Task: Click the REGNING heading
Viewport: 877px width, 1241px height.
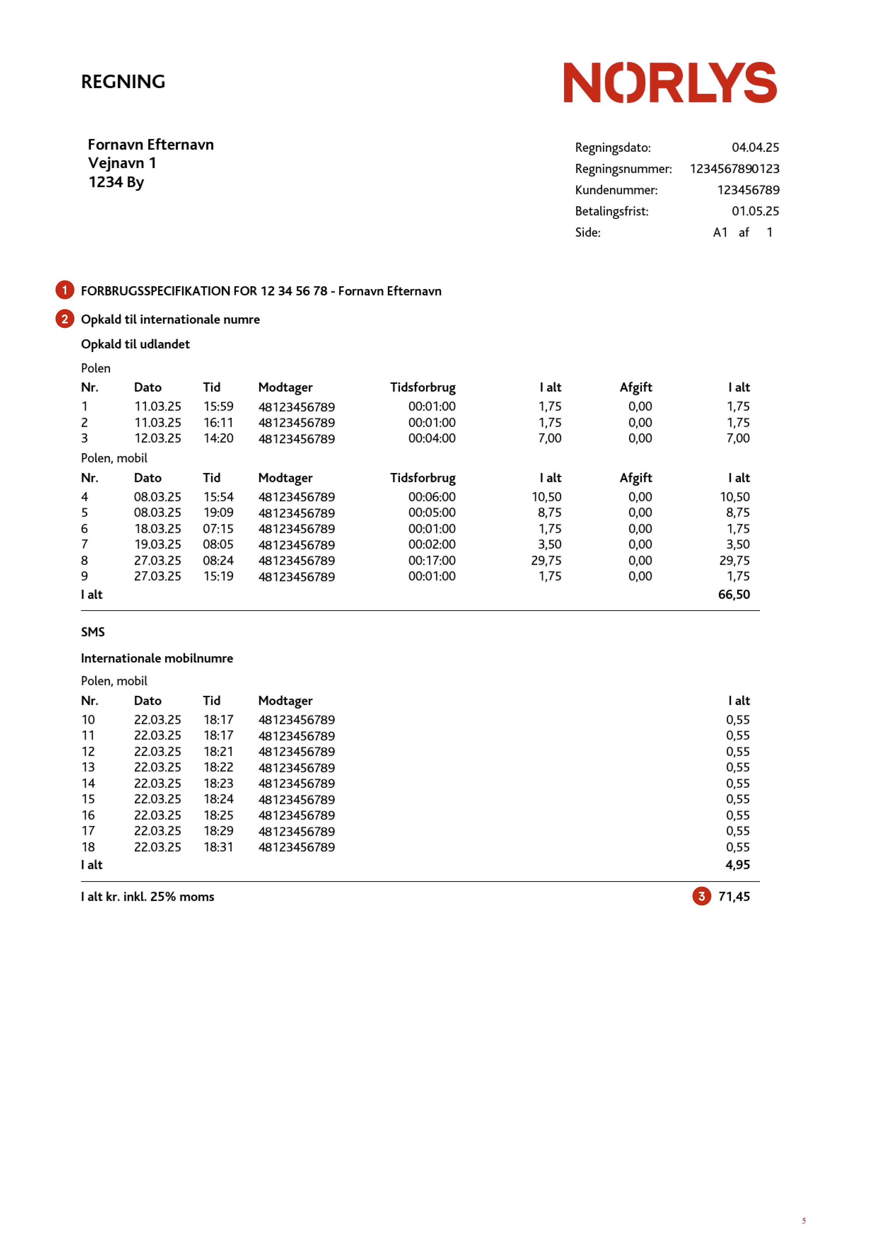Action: [123, 82]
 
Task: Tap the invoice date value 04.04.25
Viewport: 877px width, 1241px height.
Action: [755, 148]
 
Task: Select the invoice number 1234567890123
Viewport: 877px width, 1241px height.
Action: [734, 169]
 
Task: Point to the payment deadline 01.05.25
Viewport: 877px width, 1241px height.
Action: [755, 211]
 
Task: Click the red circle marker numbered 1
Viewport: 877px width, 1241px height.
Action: [65, 290]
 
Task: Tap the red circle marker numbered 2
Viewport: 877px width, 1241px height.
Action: [65, 319]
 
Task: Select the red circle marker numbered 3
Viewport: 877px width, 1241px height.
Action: [701, 896]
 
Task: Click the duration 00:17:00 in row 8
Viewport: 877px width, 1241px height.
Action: [432, 560]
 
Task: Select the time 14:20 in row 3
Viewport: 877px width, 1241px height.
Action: [218, 438]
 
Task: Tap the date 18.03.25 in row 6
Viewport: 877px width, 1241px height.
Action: [157, 529]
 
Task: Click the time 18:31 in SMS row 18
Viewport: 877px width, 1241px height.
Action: [218, 847]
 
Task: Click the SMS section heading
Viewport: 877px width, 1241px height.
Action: [93, 632]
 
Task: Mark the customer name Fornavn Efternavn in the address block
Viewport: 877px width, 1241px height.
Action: [151, 145]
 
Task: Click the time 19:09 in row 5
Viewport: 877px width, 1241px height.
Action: [218, 512]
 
